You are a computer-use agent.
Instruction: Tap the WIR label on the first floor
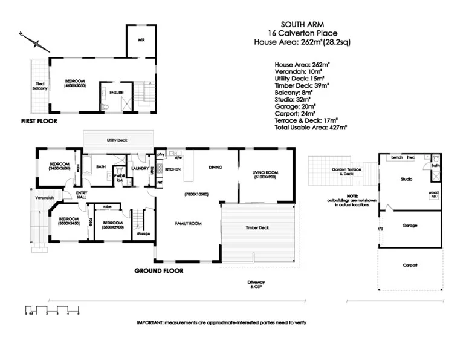tap(141, 40)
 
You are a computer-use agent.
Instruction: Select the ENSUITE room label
tap(116, 93)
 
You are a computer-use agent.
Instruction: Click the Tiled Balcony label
tap(39, 86)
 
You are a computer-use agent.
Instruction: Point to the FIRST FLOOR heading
tap(39, 121)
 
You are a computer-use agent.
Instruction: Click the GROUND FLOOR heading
tap(158, 270)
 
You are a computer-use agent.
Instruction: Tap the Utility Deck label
tap(117, 140)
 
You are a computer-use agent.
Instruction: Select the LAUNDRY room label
tap(140, 169)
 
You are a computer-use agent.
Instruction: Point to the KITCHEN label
tap(173, 169)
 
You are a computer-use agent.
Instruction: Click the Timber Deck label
tap(256, 228)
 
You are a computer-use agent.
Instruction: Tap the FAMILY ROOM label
tap(189, 223)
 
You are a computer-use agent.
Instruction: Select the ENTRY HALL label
tap(81, 197)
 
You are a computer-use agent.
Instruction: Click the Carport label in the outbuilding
tap(410, 265)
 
